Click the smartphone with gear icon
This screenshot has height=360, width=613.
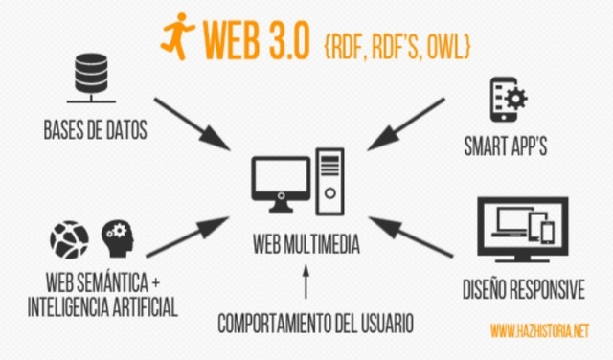[x=508, y=100]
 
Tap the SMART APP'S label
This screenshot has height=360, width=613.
[x=510, y=148]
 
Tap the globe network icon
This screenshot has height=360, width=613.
[x=69, y=238]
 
